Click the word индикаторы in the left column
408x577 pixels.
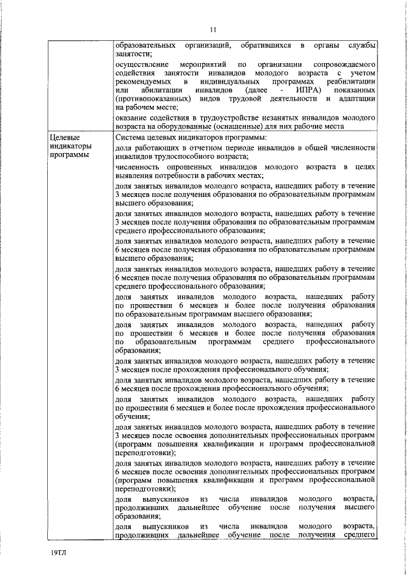71,147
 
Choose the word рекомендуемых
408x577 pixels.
143,82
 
